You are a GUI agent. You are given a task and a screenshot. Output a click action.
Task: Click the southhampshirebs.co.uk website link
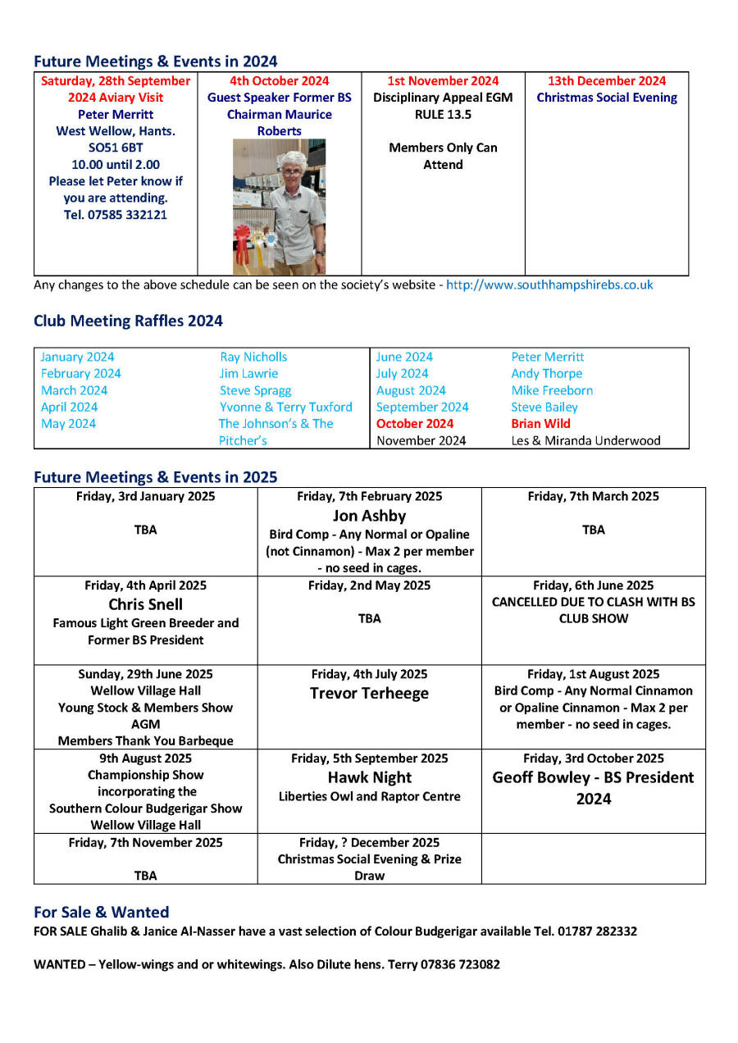[549, 285]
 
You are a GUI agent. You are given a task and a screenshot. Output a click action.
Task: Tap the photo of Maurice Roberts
[279, 206]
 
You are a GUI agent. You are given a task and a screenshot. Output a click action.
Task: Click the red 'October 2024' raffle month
[414, 424]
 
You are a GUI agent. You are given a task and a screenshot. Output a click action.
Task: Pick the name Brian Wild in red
[540, 424]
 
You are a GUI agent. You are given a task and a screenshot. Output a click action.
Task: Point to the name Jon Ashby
[369, 516]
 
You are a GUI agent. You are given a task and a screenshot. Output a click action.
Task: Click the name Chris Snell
[145, 604]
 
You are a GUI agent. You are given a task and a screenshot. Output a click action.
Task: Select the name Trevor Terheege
[369, 694]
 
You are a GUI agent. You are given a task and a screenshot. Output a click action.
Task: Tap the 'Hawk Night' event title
[369, 777]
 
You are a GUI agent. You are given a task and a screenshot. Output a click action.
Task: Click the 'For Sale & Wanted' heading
[101, 912]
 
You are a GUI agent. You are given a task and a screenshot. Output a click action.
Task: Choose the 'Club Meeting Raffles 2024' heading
[128, 321]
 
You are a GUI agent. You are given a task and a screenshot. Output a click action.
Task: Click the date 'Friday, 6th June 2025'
[593, 585]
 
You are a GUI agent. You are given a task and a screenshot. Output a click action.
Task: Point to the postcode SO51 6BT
[116, 148]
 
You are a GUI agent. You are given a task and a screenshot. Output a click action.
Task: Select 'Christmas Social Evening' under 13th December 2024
[607, 98]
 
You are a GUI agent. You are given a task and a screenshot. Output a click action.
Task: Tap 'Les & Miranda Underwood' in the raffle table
[585, 440]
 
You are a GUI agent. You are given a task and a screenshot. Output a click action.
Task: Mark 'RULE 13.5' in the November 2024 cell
[443, 114]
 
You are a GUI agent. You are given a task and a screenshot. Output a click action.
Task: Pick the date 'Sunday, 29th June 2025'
[145, 674]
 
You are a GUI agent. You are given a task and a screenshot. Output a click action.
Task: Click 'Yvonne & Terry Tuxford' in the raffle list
[285, 407]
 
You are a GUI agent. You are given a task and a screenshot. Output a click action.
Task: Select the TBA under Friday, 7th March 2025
[593, 530]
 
